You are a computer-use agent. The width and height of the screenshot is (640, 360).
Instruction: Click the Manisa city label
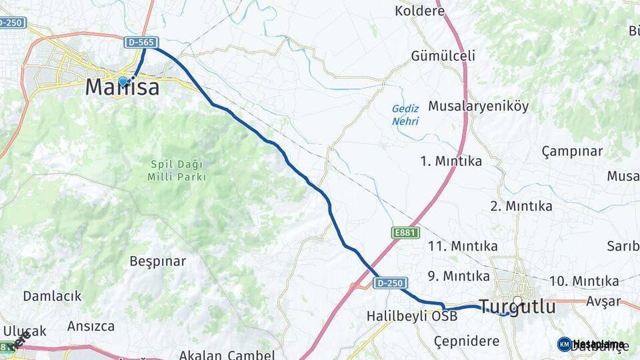[x=123, y=87]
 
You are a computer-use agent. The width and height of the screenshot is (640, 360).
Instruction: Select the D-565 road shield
[x=141, y=43]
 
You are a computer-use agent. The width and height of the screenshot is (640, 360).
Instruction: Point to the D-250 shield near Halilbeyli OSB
[x=389, y=283]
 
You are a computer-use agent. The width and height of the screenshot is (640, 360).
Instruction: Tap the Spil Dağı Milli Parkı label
[x=177, y=171]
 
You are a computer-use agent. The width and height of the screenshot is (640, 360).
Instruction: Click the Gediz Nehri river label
[x=405, y=115]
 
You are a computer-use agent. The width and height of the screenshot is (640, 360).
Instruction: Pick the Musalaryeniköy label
[x=478, y=106]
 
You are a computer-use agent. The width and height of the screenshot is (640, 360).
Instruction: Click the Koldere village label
[x=419, y=11]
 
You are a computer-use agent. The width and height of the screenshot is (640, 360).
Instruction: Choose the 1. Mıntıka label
[x=451, y=161]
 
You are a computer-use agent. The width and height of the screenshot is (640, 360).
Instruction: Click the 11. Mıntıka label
[x=463, y=246]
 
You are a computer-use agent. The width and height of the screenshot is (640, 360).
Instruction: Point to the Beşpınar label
[x=158, y=261]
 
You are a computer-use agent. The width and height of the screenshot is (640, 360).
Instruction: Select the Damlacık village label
[x=52, y=295]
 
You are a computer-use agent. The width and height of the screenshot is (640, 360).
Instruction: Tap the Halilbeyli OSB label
[x=412, y=316]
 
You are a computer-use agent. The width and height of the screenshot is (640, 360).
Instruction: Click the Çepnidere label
[x=467, y=341]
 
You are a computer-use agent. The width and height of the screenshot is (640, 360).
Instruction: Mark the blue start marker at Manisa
[x=123, y=82]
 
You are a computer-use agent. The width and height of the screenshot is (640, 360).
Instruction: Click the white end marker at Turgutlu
[x=517, y=301]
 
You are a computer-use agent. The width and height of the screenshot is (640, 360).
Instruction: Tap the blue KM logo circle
[x=564, y=344]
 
